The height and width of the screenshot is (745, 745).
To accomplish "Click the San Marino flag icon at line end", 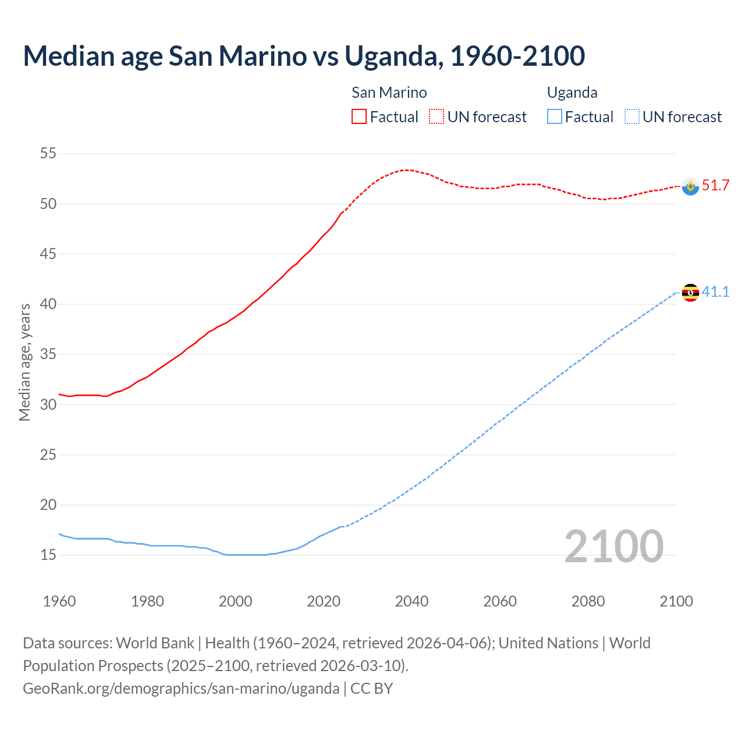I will (690, 186).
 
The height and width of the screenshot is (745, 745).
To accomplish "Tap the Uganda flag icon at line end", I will (690, 293).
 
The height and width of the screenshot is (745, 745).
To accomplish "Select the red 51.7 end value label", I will (715, 186).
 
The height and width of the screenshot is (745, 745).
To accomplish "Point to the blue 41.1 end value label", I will (715, 292).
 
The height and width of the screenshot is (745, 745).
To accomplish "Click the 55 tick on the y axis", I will (48, 154).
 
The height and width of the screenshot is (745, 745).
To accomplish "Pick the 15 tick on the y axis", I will (48, 555).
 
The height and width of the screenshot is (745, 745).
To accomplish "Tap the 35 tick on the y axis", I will (48, 354).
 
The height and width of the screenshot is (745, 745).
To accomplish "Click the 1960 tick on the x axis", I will (59, 601).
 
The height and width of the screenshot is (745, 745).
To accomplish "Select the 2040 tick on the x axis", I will (411, 601).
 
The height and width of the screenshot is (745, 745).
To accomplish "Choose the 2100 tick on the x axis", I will (676, 601).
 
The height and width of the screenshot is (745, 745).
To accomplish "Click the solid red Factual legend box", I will (359, 117).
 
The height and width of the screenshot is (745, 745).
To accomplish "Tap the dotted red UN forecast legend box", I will (437, 117).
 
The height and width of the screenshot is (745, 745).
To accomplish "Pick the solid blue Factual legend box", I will (555, 117).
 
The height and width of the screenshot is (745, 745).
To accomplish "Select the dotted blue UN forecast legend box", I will (632, 117).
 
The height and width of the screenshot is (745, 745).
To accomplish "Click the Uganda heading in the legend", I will (572, 93).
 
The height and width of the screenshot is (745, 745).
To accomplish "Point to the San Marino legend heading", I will (389, 93).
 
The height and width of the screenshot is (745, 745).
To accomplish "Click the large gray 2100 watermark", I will (613, 547).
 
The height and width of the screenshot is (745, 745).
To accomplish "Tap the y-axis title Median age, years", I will (24, 362).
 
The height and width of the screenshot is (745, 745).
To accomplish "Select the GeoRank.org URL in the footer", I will (181, 689).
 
